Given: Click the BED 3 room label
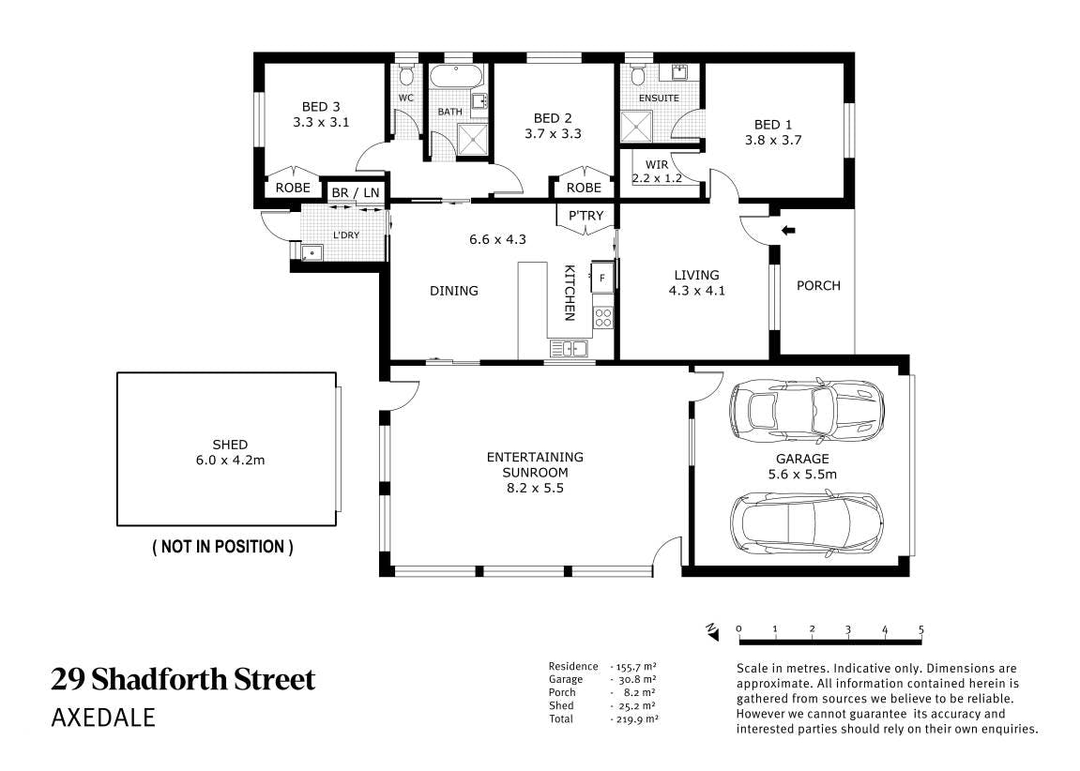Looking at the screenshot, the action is pyautogui.click(x=321, y=114).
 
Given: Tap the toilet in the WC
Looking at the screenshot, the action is pyautogui.click(x=406, y=74).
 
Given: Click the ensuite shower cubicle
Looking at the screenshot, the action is pyautogui.click(x=636, y=126).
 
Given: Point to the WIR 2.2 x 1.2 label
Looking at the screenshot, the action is pyautogui.click(x=657, y=172).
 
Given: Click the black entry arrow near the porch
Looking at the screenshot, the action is pyautogui.click(x=788, y=231).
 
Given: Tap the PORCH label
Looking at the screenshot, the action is pyautogui.click(x=818, y=285).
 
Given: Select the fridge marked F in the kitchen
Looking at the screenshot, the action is pyautogui.click(x=602, y=278).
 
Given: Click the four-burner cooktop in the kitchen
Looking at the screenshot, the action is pyautogui.click(x=602, y=317).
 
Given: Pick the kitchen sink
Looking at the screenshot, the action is pyautogui.click(x=569, y=349).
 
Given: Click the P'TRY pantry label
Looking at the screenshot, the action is pyautogui.click(x=586, y=216).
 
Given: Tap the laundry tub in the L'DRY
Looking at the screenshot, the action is pyautogui.click(x=312, y=252).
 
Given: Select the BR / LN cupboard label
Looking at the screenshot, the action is pyautogui.click(x=356, y=193).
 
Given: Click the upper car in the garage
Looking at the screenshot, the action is pyautogui.click(x=807, y=410).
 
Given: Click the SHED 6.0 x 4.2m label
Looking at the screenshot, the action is pyautogui.click(x=230, y=452).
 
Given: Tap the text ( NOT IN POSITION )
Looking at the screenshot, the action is pyautogui.click(x=222, y=547).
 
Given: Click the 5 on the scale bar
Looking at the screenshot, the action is pyautogui.click(x=920, y=630).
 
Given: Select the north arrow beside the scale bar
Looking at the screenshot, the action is pyautogui.click(x=711, y=631).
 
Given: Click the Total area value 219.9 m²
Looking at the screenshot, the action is pyautogui.click(x=634, y=718).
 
